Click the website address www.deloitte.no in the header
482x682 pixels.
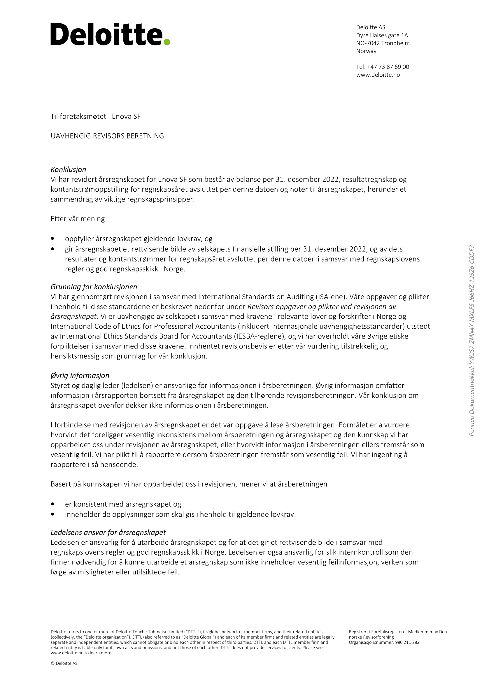click(x=378, y=75)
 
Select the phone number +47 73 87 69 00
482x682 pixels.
click(x=388, y=67)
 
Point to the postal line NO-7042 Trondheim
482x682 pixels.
click(x=383, y=43)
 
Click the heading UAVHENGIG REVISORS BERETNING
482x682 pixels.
click(x=107, y=136)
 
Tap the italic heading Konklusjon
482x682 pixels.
click(x=68, y=169)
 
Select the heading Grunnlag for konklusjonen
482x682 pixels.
click(x=94, y=287)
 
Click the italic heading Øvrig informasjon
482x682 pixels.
click(x=80, y=376)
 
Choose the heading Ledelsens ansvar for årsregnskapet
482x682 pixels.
click(x=108, y=532)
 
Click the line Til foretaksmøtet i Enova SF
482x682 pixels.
click(x=96, y=116)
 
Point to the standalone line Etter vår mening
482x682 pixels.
click(x=78, y=219)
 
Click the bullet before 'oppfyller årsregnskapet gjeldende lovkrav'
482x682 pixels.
click(x=53, y=239)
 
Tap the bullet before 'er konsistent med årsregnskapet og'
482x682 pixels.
click(x=53, y=504)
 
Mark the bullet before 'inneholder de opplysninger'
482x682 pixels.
click(x=53, y=514)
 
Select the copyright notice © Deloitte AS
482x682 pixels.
click(x=64, y=663)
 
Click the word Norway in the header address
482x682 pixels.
click(x=366, y=51)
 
